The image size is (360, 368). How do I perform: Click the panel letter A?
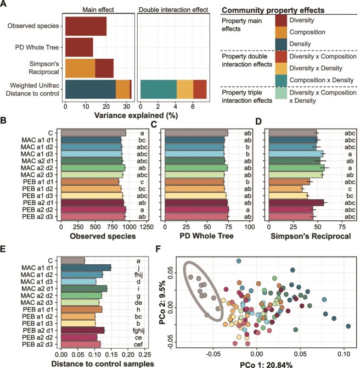(x=4, y=5)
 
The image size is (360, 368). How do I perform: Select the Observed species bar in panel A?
(x=86, y=26)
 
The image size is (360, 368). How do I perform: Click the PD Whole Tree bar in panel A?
(x=79, y=47)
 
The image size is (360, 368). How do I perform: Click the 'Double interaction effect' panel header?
(x=171, y=10)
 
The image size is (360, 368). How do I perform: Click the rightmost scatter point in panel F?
(x=348, y=326)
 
